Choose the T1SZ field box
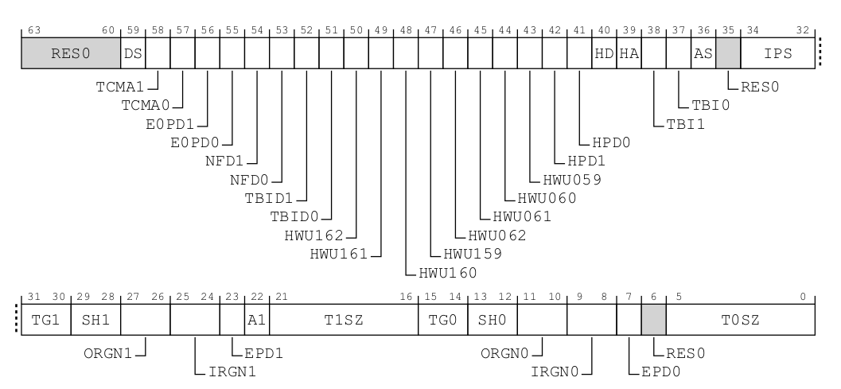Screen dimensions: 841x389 345,320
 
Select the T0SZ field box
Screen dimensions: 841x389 739,320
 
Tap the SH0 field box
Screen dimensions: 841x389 493,320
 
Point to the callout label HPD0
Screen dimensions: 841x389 611,143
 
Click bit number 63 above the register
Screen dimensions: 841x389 33,30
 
